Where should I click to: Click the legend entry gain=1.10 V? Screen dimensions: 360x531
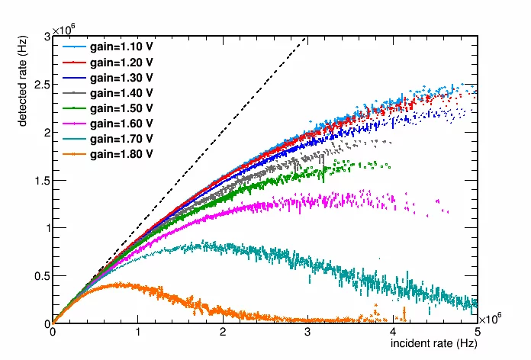(x=122, y=47)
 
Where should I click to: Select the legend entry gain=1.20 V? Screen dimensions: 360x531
(x=122, y=62)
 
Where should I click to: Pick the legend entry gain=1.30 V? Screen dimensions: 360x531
(x=122, y=77)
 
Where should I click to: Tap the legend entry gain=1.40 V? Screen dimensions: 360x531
(x=122, y=92)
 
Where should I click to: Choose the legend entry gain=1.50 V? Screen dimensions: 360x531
(x=122, y=108)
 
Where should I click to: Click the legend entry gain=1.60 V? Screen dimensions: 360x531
(x=122, y=123)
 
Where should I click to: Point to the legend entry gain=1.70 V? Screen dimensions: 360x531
(x=122, y=138)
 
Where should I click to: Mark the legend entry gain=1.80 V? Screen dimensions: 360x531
(x=122, y=153)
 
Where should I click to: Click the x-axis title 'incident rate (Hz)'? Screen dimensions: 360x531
(x=434, y=344)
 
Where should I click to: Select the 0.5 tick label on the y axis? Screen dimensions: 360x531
(x=40, y=275)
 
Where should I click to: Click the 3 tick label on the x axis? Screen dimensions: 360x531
(x=307, y=333)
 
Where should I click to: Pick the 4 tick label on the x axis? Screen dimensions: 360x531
(x=392, y=333)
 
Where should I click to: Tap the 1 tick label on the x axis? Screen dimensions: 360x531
(x=137, y=333)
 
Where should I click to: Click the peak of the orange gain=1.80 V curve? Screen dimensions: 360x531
(x=114, y=284)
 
